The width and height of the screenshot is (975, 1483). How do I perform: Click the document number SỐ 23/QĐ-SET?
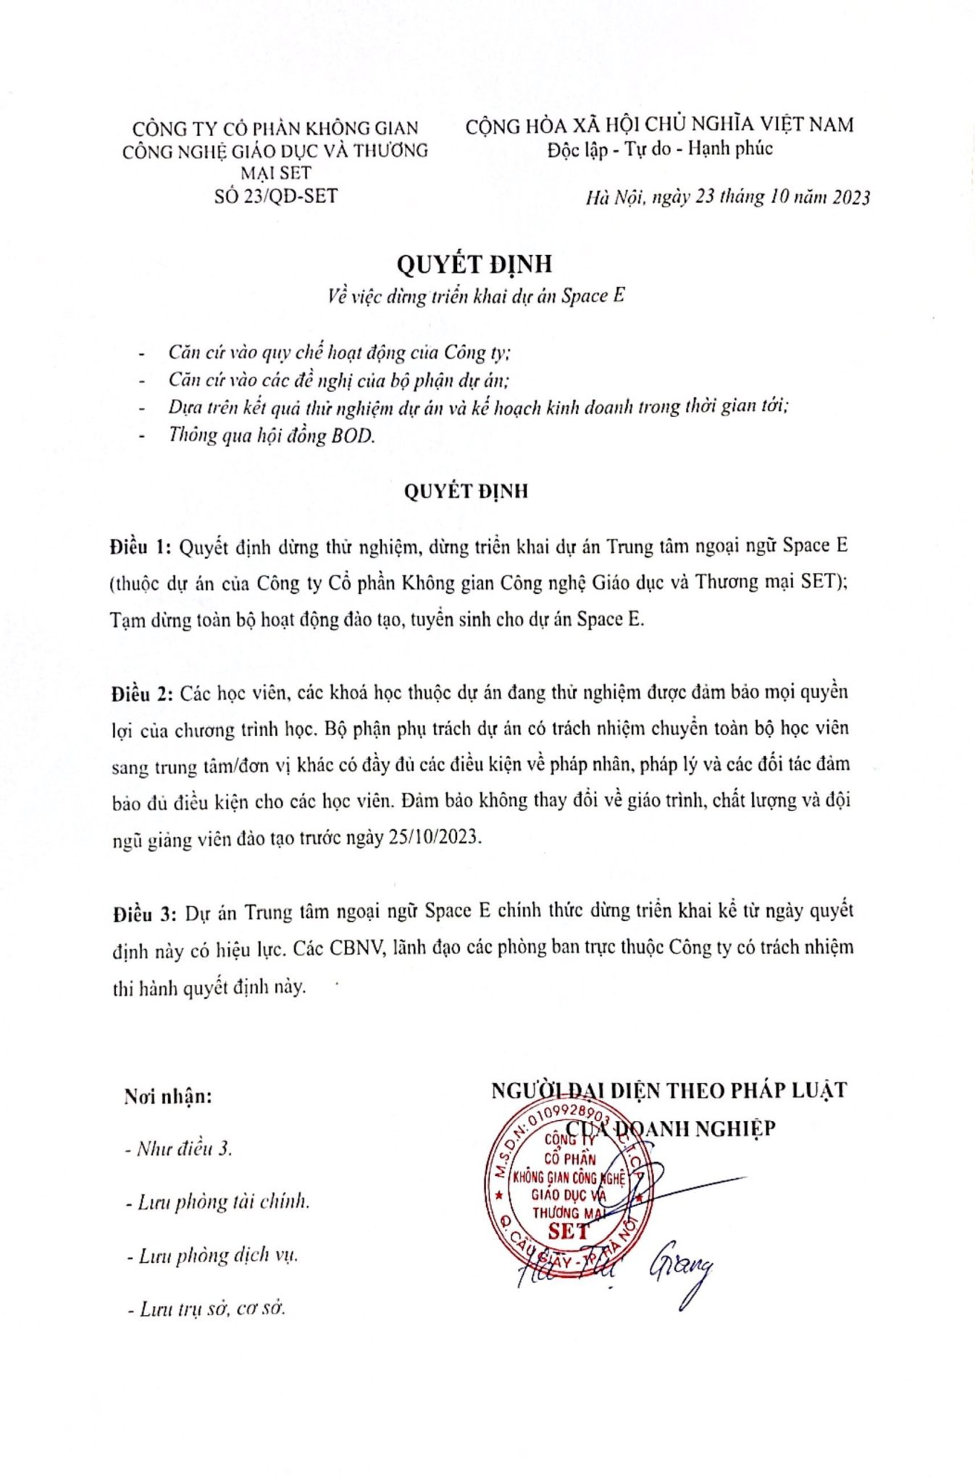pyautogui.click(x=275, y=196)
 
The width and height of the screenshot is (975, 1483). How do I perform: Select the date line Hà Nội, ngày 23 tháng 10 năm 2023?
pyautogui.click(x=727, y=198)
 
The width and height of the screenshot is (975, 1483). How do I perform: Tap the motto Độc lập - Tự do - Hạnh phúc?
pyautogui.click(x=660, y=150)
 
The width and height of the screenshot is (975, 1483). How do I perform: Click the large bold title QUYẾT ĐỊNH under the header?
pyautogui.click(x=474, y=264)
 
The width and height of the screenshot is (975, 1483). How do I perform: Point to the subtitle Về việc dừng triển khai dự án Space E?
pyautogui.click(x=475, y=296)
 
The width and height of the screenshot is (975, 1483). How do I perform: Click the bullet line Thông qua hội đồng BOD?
pyautogui.click(x=272, y=435)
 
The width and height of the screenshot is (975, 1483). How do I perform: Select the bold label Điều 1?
pyautogui.click(x=141, y=547)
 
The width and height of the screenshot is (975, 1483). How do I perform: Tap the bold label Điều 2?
pyautogui.click(x=142, y=694)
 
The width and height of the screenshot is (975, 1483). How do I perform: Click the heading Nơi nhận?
pyautogui.click(x=168, y=1096)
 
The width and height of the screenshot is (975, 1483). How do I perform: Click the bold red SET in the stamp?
pyautogui.click(x=569, y=1231)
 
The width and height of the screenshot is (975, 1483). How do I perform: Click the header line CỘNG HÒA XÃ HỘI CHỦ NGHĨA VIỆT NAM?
pyautogui.click(x=659, y=125)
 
